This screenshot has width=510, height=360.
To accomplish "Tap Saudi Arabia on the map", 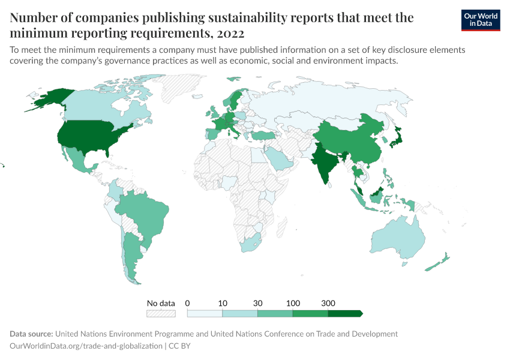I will coord(278,159).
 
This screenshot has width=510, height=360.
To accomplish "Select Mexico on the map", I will coord(77,159).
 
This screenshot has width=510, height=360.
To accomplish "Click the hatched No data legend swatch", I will coord(161,313).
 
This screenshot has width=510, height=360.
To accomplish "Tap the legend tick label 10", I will coord(223,303).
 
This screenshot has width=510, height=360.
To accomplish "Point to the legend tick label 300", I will coord(328,303).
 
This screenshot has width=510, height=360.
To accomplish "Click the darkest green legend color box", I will coord(345,313).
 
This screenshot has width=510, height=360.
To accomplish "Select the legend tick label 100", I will coord(293,303).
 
